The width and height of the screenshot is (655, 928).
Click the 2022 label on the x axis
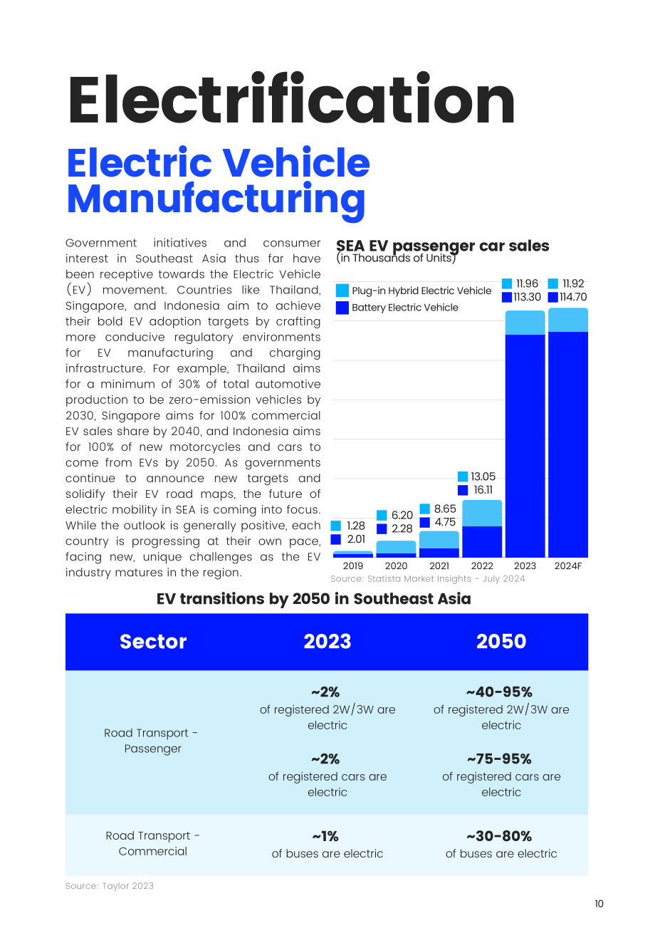click(x=481, y=565)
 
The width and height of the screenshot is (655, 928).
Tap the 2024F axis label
click(x=567, y=565)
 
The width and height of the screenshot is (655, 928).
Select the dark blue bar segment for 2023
click(x=525, y=446)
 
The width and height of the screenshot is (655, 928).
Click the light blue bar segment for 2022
click(x=482, y=513)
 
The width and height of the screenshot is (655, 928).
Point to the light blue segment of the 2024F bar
click(x=568, y=320)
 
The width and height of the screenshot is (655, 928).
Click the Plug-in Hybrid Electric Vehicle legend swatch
click(x=342, y=291)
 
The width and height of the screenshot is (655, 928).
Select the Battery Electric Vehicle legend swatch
click(x=342, y=308)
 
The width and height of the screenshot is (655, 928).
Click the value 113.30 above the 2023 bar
click(x=527, y=297)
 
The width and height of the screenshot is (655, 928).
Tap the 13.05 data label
click(x=483, y=476)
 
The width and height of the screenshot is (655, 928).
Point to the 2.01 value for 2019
click(x=356, y=539)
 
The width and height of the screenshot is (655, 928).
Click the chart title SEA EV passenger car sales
click(x=442, y=246)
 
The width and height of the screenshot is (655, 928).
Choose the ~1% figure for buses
click(x=325, y=836)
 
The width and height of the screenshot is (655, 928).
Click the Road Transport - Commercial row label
click(x=153, y=843)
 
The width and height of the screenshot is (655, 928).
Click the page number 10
click(x=599, y=904)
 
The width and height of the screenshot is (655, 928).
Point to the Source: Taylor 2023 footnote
click(x=110, y=886)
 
